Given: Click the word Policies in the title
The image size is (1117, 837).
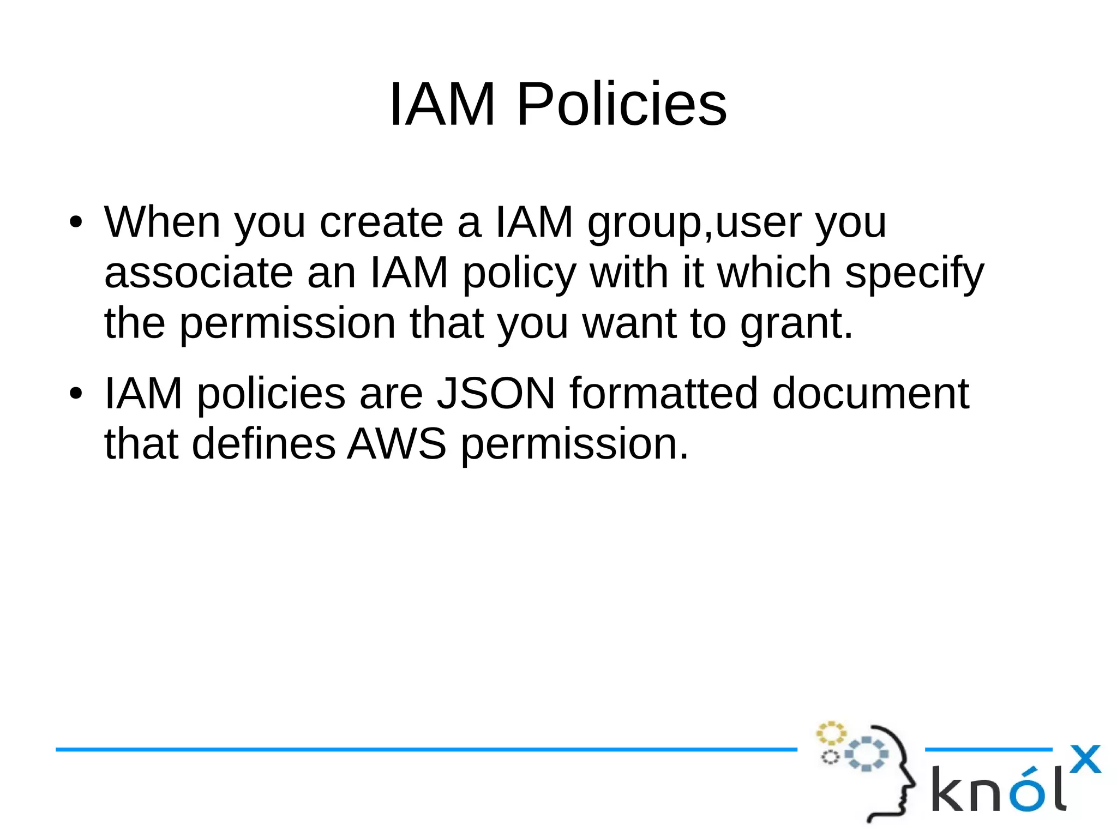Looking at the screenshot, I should (621, 104).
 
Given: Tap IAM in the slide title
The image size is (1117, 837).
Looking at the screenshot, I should (442, 104).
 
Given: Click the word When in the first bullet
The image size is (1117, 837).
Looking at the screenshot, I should (162, 222).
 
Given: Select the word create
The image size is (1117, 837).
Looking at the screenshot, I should (381, 222).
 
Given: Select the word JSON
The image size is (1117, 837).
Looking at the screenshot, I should (496, 393).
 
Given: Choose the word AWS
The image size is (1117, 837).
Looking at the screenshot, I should (397, 443).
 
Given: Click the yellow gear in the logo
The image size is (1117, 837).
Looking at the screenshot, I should (831, 733).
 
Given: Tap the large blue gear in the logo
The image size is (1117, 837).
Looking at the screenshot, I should (867, 754).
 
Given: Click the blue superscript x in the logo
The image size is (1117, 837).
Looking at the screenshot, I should (1085, 758).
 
